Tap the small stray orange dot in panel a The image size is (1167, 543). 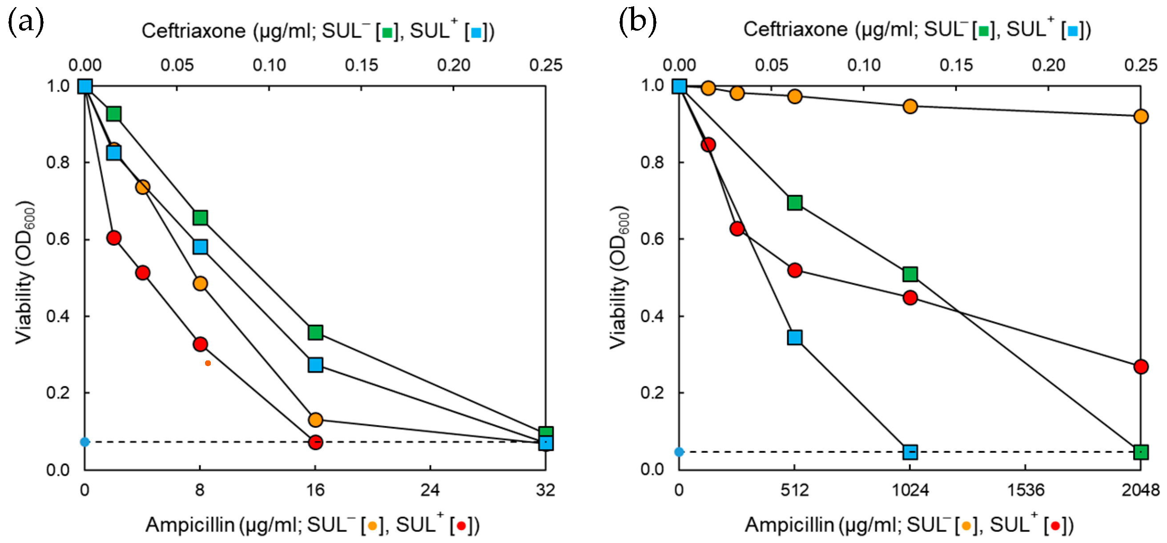click(x=208, y=363)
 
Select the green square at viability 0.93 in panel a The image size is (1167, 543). click(x=114, y=114)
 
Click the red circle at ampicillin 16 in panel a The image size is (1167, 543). click(x=315, y=442)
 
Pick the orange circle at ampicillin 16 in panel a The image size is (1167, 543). click(x=315, y=419)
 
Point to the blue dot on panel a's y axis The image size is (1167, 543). click(x=85, y=442)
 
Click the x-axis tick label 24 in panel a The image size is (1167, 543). click(x=430, y=490)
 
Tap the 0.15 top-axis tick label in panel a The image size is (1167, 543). click(x=361, y=65)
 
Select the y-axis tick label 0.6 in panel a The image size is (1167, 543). click(x=58, y=239)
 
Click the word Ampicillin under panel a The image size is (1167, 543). click(x=190, y=525)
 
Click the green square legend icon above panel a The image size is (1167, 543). click(x=387, y=32)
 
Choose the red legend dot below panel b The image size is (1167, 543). click(x=1055, y=526)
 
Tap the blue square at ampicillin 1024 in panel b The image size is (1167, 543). click(x=910, y=451)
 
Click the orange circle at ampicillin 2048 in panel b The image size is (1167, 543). click(x=1141, y=116)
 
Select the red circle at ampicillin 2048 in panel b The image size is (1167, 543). click(x=1141, y=367)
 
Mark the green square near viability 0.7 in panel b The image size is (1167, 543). click(x=795, y=203)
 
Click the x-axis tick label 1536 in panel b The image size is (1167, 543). click(x=1025, y=490)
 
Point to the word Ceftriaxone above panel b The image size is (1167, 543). click(x=795, y=29)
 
